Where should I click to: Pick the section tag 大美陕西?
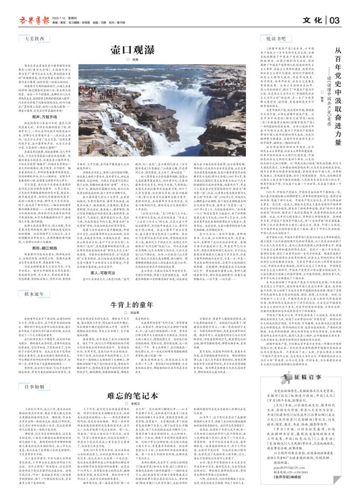[x=33, y=39]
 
